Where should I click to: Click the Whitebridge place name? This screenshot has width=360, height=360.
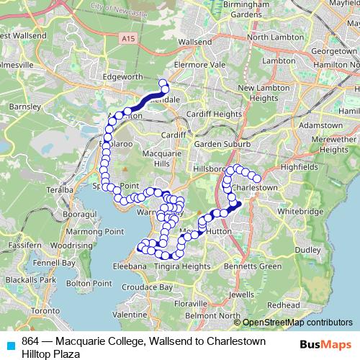[297, 212]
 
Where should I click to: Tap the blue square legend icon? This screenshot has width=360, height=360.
[9, 345]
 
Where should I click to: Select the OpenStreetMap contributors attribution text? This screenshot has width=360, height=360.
[297, 323]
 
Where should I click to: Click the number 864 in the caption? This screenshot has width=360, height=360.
[30, 340]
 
